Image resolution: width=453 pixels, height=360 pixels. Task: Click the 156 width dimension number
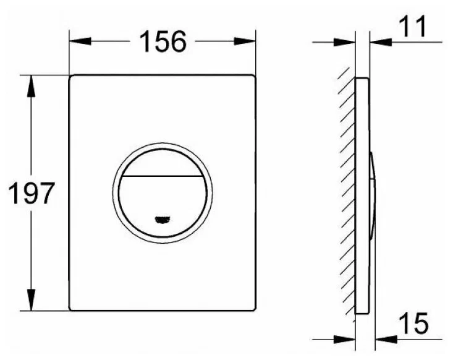[x=163, y=41]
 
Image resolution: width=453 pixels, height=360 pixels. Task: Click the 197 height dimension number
[x=32, y=193]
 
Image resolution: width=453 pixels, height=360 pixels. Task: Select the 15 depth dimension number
[x=413, y=323]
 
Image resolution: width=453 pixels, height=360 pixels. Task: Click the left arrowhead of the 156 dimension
[x=80, y=41]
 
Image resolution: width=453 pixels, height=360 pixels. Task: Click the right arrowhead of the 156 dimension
[x=245, y=41]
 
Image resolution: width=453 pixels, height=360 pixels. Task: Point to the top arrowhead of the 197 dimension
[x=31, y=86]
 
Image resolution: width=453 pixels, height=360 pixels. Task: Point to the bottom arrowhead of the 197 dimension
[x=31, y=300]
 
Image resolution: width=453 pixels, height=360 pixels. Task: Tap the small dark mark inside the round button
[x=163, y=220]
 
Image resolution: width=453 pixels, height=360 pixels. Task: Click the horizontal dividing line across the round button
[x=163, y=176]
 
